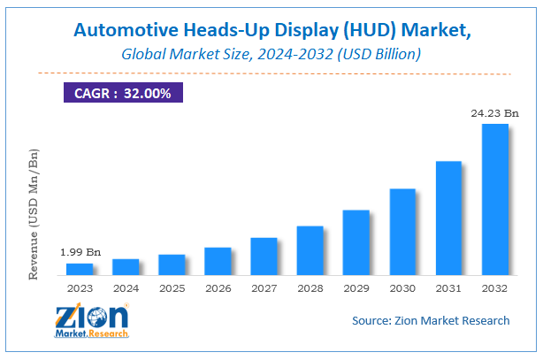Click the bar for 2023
pyautogui.click(x=80, y=268)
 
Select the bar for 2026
pyautogui.click(x=218, y=260)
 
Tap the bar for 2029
pyautogui.click(x=356, y=241)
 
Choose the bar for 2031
pyautogui.click(x=447, y=217)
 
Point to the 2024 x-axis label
pyautogui.click(x=126, y=287)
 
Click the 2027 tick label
pyautogui.click(x=264, y=287)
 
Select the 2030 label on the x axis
pyautogui.click(x=402, y=287)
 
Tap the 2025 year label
pyautogui.click(x=172, y=287)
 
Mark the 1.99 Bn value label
pyautogui.click(x=80, y=253)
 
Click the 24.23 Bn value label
pyautogui.click(x=493, y=112)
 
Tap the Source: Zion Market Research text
pyautogui.click(x=431, y=320)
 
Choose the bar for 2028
pyautogui.click(x=310, y=249)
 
